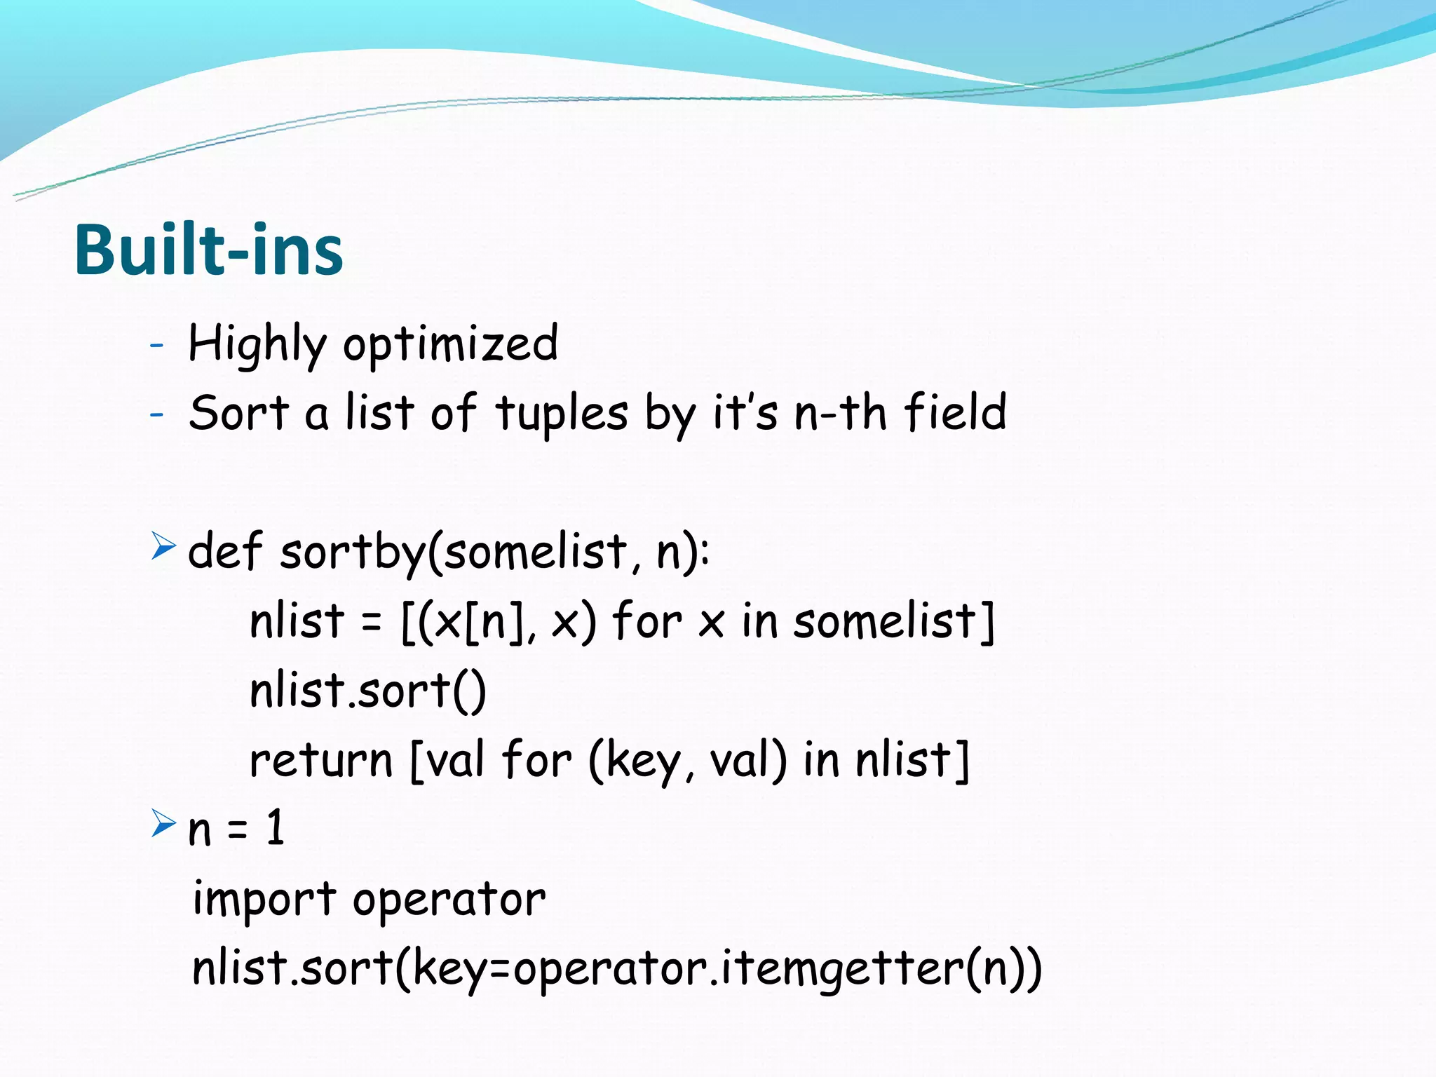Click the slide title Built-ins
208,250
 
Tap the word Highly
257,344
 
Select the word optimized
450,344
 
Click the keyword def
224,550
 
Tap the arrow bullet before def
163,546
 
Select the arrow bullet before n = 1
163,823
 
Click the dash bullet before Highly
156,345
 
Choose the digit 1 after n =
275,827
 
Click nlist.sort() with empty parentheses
367,690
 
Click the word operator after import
449,900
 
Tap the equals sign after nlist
371,622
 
